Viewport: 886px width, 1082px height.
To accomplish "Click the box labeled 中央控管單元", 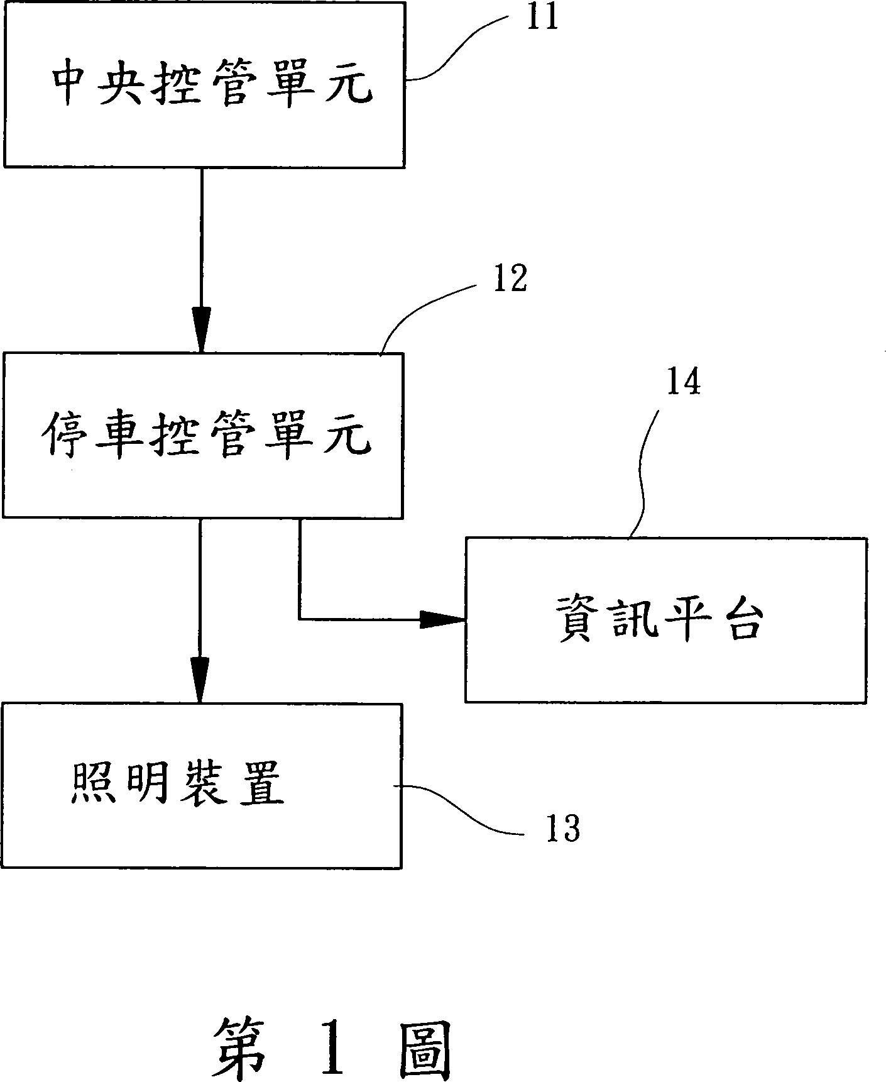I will (x=204, y=85).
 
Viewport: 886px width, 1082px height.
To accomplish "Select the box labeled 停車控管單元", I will (x=203, y=435).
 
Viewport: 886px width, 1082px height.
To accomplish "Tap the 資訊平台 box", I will (x=665, y=619).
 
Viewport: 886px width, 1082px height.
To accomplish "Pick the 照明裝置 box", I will (x=202, y=786).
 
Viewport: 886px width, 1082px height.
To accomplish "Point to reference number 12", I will (x=510, y=279).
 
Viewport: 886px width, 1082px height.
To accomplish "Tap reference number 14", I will (x=683, y=382).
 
